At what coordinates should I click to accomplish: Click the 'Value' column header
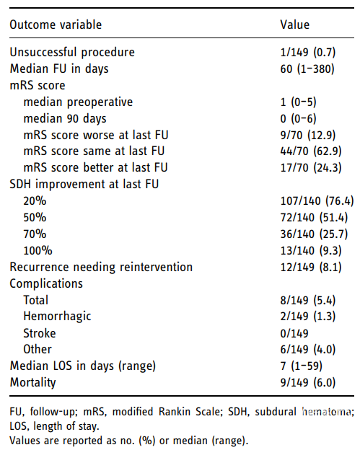tap(295, 25)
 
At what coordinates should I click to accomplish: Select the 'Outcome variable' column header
tap(56, 25)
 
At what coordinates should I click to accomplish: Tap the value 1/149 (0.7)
tap(308, 52)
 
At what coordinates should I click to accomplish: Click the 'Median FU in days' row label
tap(59, 69)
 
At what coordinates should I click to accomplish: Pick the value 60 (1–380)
tap(307, 69)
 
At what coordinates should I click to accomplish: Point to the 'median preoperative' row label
tap(78, 102)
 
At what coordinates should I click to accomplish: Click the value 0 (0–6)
tap(298, 118)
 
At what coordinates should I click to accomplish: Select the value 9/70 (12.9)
tap(308, 135)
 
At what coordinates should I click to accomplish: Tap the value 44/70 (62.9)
tap(311, 151)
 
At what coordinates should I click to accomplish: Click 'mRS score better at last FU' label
tap(96, 167)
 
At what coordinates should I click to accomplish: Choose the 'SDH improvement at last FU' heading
tap(84, 184)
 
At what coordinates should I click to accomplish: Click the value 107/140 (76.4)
tap(317, 201)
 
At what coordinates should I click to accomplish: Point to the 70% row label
tap(35, 234)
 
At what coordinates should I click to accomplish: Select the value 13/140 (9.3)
tap(311, 250)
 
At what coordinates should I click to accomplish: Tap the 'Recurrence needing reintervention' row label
tap(101, 267)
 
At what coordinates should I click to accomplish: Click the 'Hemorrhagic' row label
tap(57, 317)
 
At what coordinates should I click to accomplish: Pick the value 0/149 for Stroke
tap(294, 333)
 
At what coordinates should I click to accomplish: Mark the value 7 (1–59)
tap(301, 366)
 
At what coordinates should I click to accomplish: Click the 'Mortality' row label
tap(32, 382)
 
